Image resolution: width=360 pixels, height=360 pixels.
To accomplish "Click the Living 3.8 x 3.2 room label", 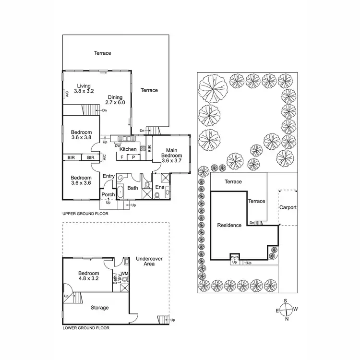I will pos(84,88).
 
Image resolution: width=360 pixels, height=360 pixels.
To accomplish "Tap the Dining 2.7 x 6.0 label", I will pos(115,99).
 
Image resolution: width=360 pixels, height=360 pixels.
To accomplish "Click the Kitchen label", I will pos(128,149).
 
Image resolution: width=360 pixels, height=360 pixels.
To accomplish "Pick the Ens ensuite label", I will pos(160,187).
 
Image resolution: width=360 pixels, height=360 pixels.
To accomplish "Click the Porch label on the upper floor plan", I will pos(108,194).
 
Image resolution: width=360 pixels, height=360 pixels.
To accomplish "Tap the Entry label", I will pos(108,176).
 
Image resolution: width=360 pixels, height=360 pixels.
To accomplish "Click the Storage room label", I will pos(99,308).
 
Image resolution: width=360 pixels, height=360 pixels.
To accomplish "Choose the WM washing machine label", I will pos(125,274).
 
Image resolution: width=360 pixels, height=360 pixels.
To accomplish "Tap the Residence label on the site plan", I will pos(229,225).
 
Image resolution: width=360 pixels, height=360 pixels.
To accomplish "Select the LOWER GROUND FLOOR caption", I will pos(86,329).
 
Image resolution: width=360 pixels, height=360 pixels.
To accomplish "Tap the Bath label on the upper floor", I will pos(132,188).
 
